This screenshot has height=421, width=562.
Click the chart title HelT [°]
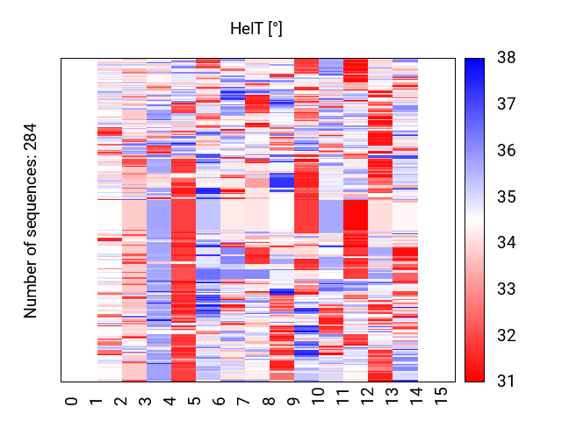pos(256,30)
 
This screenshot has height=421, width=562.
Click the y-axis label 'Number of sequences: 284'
pos(31,219)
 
